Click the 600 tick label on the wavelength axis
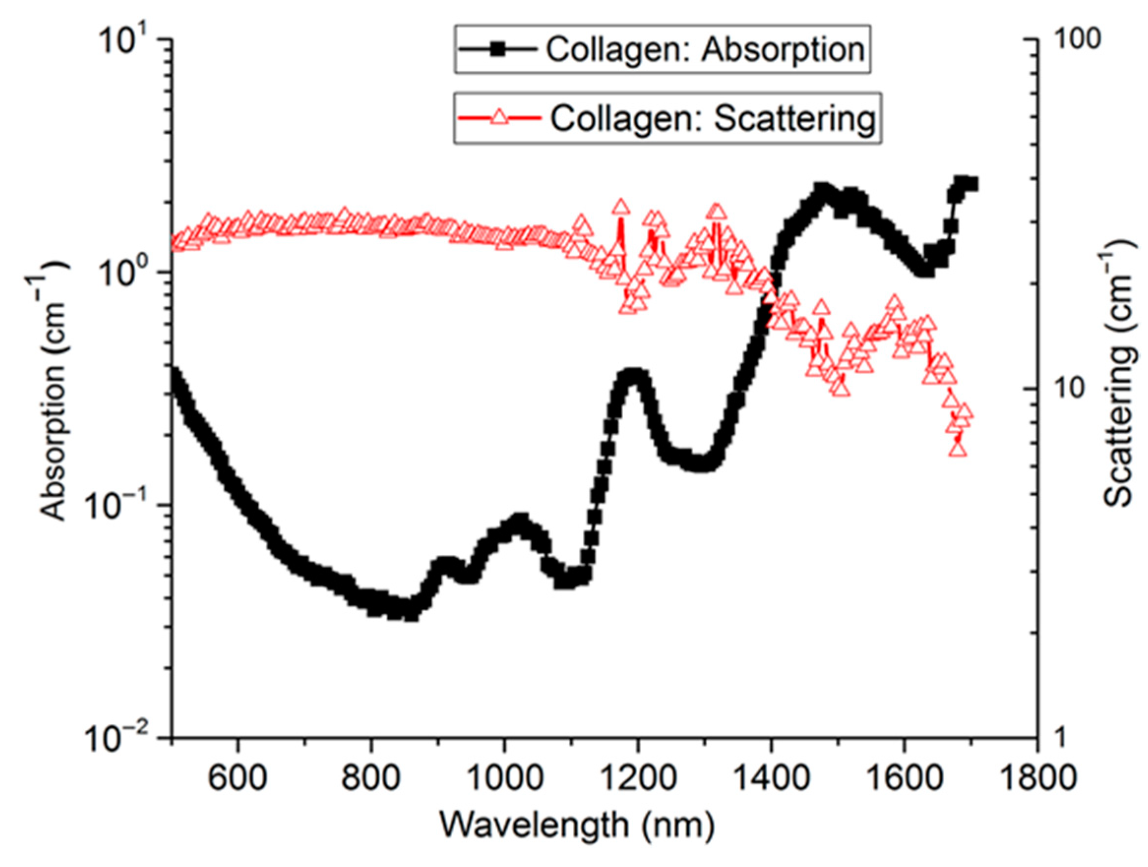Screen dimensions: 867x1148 click(x=238, y=777)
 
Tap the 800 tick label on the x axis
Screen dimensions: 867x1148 click(x=370, y=777)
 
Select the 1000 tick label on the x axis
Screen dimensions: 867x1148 click(x=504, y=777)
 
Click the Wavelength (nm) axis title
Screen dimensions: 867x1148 click(x=577, y=824)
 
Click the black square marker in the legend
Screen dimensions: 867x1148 click(x=499, y=50)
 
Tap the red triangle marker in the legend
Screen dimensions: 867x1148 click(x=499, y=119)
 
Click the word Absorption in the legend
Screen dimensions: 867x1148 click(x=783, y=50)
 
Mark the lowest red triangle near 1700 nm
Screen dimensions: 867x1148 click(x=958, y=449)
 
